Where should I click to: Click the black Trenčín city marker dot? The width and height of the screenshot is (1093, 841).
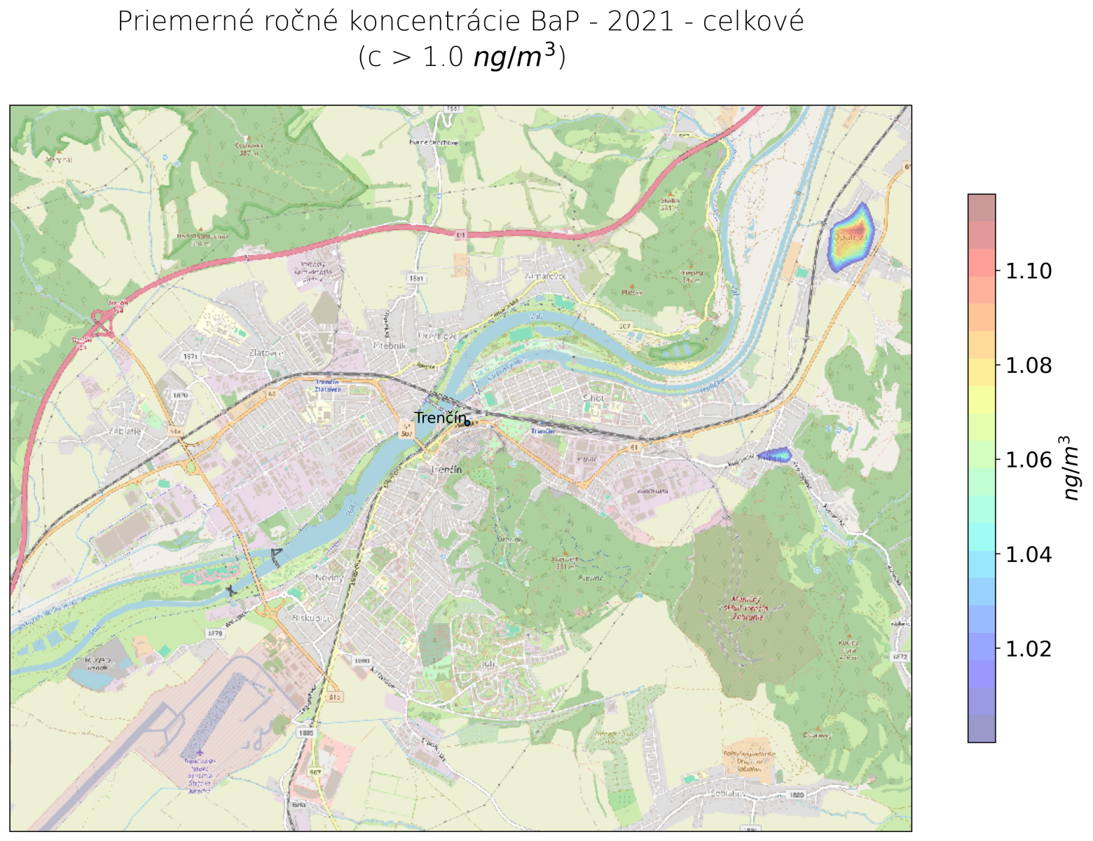[467, 423]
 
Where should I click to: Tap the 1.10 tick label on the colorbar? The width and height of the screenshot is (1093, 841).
[1028, 271]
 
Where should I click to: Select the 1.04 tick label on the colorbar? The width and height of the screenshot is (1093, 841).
[1028, 554]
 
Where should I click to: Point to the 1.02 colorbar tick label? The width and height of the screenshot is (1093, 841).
[1028, 649]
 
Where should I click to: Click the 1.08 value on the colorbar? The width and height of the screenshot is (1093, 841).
[1028, 365]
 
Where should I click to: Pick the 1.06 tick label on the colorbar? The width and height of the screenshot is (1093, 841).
[1028, 460]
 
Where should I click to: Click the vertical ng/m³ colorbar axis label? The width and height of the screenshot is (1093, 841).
[1071, 467]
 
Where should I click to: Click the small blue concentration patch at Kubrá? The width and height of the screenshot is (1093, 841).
[774, 456]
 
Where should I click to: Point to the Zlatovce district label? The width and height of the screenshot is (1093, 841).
[266, 353]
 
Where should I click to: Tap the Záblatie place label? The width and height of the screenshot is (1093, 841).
[125, 431]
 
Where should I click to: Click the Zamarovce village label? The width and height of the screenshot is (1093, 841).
[545, 276]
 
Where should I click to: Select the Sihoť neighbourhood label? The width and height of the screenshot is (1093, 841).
[593, 398]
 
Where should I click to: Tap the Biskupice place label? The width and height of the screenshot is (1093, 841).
[312, 619]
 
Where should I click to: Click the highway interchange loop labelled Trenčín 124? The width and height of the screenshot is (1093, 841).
[104, 324]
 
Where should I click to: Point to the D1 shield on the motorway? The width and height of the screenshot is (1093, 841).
[460, 235]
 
